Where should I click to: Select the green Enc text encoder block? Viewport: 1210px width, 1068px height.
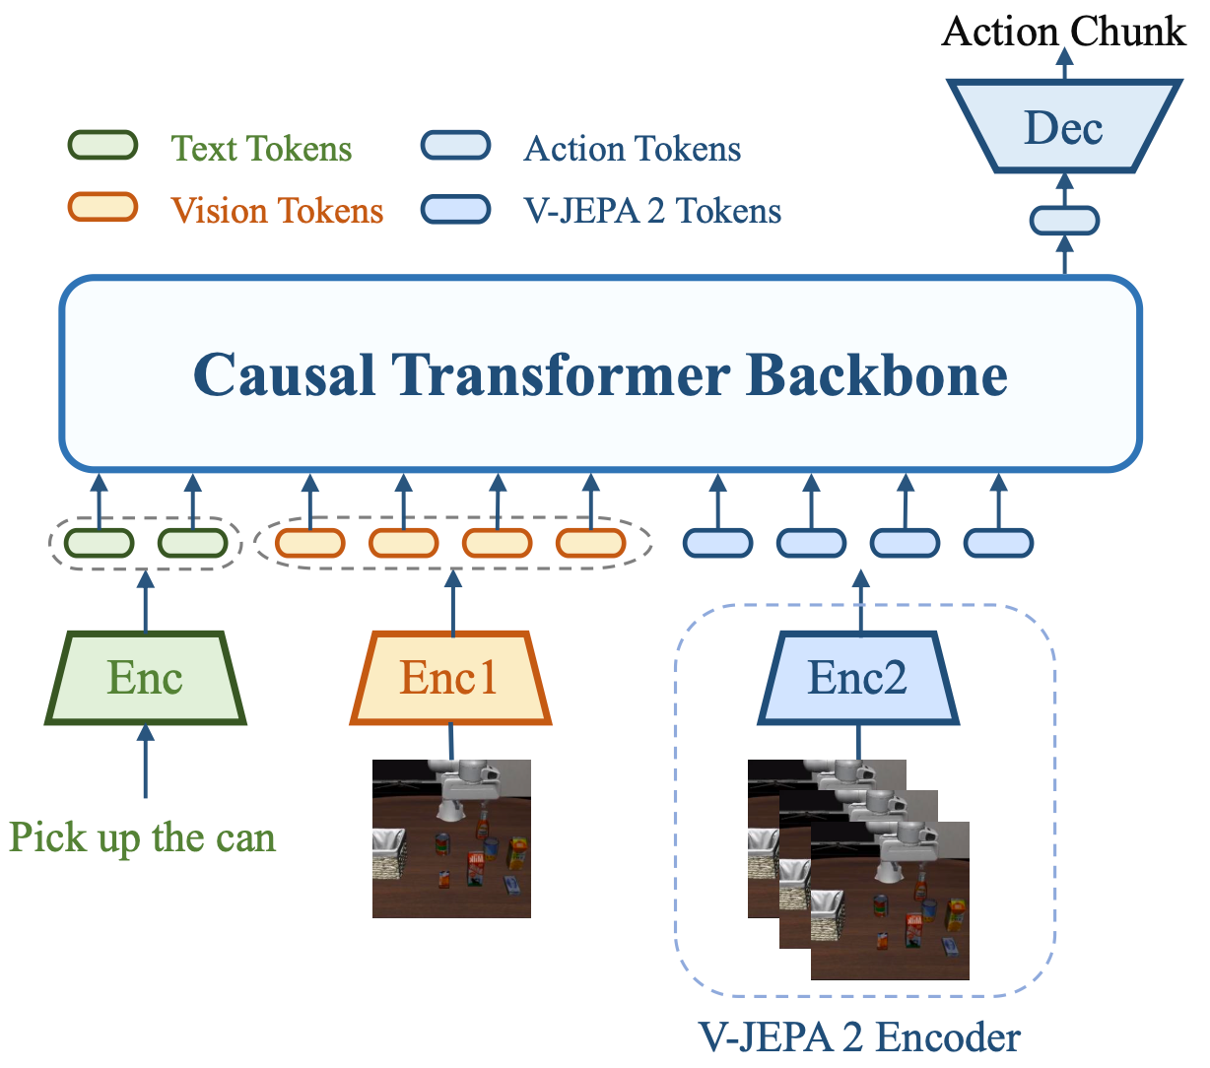point(146,679)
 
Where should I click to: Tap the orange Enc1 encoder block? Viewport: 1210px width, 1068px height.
point(450,679)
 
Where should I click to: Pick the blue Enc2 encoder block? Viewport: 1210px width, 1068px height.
point(857,679)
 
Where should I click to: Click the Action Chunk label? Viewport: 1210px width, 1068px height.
point(1063,32)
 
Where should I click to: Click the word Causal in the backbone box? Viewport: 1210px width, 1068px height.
point(284,375)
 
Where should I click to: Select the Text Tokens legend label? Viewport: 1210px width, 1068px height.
point(261,149)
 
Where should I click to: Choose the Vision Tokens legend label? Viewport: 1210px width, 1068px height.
point(277,211)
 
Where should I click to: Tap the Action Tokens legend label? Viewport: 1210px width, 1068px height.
point(633,149)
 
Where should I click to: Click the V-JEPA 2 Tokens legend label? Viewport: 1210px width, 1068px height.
point(652,211)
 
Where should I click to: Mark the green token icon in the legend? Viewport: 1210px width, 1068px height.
point(101,146)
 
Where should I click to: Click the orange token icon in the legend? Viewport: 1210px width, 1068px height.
point(101,207)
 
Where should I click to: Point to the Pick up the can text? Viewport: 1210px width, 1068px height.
point(143,837)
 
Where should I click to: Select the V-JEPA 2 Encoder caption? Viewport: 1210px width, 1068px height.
point(859,1037)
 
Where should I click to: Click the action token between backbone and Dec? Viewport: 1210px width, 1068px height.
point(1064,220)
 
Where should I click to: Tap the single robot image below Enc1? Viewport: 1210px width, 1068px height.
point(451,838)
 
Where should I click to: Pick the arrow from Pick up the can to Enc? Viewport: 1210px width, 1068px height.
point(146,764)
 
